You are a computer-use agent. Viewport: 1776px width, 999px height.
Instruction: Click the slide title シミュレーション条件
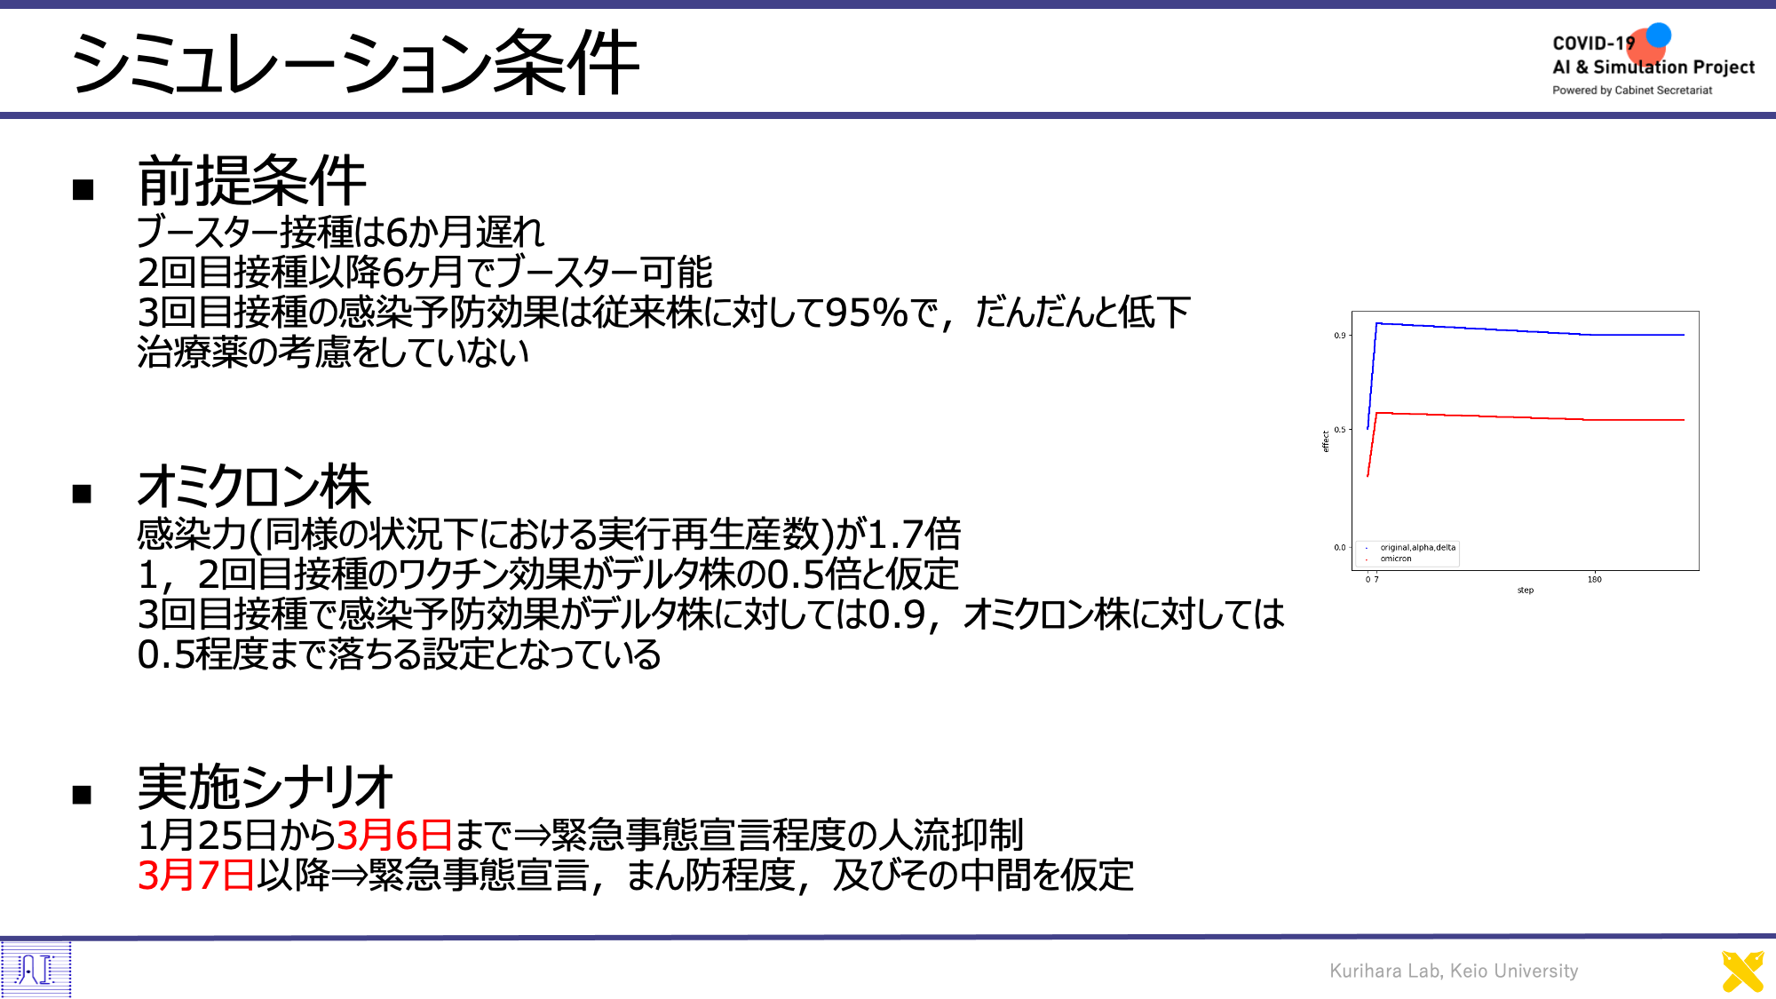354,61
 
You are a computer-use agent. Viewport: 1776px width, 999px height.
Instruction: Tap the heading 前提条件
251,180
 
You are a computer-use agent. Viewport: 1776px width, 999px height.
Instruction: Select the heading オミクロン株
254,486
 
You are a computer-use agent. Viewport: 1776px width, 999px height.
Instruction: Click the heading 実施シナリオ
265,787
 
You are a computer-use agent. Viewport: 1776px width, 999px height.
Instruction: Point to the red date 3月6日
395,835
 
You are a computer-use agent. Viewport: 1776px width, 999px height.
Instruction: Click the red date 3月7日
196,875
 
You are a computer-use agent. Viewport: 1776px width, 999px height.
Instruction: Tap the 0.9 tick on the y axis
1339,336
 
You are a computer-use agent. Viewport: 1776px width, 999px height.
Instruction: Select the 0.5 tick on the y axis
1339,430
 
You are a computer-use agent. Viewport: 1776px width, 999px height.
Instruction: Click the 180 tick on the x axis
1595,580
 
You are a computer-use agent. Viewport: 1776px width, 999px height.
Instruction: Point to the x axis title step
1526,591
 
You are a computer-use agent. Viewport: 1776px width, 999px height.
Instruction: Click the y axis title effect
1326,441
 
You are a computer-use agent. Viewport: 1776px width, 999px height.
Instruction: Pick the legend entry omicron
1396,559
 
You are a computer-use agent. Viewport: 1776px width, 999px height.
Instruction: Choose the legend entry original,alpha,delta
1418,547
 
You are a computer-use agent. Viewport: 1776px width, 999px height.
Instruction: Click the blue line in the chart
1527,329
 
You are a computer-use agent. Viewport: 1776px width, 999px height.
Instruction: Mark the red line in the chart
1527,416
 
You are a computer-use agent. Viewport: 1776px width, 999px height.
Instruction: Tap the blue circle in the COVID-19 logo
1658,36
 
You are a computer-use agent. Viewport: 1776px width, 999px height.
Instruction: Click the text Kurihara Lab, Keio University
1454,971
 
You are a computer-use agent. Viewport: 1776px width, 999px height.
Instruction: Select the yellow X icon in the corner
1742,971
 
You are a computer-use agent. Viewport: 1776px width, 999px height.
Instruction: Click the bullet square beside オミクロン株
83,494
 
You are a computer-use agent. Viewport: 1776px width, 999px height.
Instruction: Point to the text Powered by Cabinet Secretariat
1632,91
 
